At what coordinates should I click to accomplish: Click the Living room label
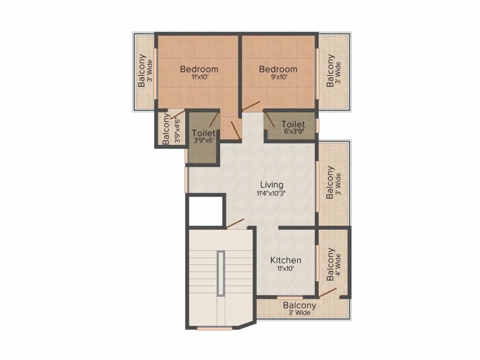coord(271,185)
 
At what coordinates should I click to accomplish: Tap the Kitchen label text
coord(285,260)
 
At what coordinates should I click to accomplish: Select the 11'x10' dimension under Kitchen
coord(285,269)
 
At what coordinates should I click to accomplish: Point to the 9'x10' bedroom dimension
coord(279,77)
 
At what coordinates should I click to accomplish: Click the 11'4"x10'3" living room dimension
coord(271,193)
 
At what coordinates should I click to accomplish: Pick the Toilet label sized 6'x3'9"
coord(293,124)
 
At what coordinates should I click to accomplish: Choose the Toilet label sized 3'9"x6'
coord(203,133)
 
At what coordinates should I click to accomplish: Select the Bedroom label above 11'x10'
coord(199,69)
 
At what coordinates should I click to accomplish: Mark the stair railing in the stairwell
coord(221,273)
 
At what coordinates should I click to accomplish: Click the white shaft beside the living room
coord(205,211)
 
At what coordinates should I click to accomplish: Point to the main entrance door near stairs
coord(235,224)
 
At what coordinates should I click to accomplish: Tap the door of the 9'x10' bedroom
coord(251,106)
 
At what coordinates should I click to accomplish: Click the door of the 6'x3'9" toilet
coord(270,119)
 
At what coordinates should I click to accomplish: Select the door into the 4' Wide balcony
coord(328,292)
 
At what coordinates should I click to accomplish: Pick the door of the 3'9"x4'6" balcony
coord(177,114)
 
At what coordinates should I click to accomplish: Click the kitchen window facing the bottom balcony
coord(290,297)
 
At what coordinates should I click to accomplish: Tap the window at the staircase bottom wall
coord(215,329)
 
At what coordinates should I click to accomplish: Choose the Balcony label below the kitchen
coord(300,306)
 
